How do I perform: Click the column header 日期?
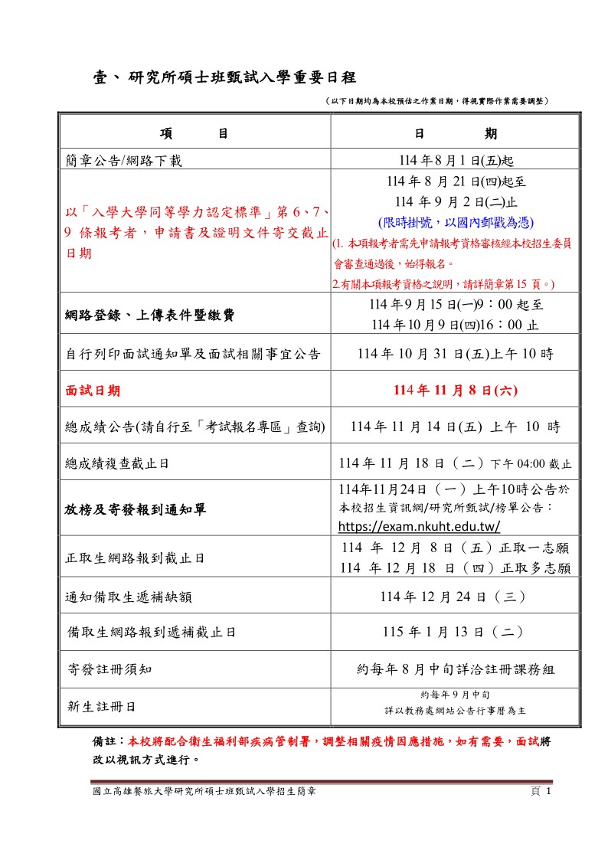[x=455, y=134]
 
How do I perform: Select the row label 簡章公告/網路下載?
[x=124, y=160]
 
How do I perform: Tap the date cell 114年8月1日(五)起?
[x=456, y=160]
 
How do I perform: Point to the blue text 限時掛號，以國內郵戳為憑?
[x=456, y=223]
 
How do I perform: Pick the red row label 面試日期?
[x=93, y=391]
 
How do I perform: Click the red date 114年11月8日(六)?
[x=456, y=391]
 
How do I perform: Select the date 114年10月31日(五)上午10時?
[x=456, y=353]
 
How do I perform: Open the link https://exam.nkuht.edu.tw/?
[x=419, y=526]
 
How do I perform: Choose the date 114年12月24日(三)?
[x=456, y=597]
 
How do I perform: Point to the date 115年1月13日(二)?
[x=456, y=632]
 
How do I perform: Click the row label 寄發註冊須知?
[x=110, y=669]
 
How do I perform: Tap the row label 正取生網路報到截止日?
[x=135, y=558]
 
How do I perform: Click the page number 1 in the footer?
[x=548, y=791]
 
